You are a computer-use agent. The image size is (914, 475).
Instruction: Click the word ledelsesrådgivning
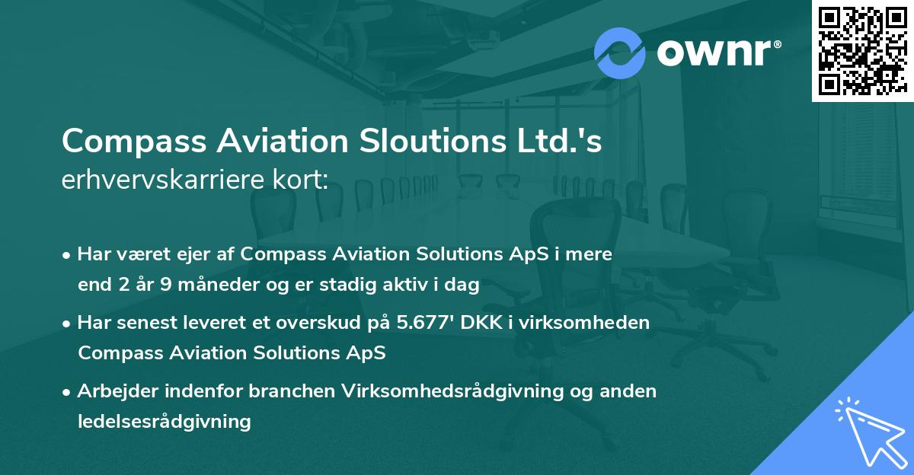[164, 420]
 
